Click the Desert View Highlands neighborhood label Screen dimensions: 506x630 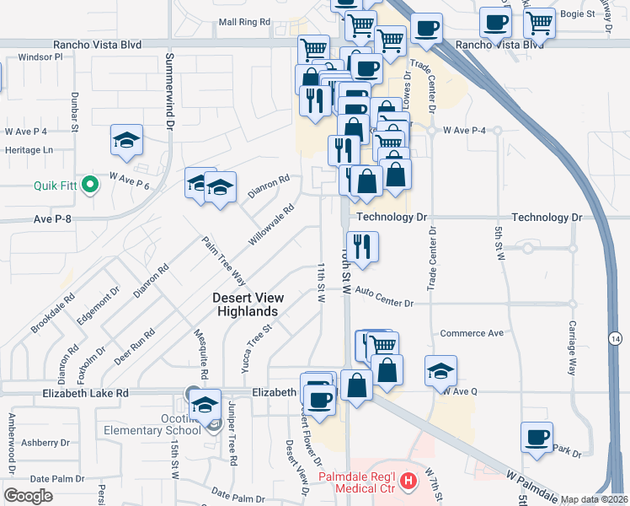pos(248,304)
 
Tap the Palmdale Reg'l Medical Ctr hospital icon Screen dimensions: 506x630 pos(409,482)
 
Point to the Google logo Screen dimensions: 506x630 pos(28,496)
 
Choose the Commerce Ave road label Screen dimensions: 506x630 pos(472,333)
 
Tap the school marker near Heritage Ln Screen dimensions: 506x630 pos(126,140)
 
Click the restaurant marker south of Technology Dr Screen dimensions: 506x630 pos(363,247)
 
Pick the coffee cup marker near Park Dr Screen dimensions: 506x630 pos(537,438)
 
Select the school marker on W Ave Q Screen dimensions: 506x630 pos(440,370)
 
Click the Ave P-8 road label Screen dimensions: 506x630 pos(55,218)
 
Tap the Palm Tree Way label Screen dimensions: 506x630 pos(224,261)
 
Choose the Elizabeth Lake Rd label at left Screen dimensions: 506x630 pos(88,393)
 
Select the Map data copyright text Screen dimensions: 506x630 pos(595,499)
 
